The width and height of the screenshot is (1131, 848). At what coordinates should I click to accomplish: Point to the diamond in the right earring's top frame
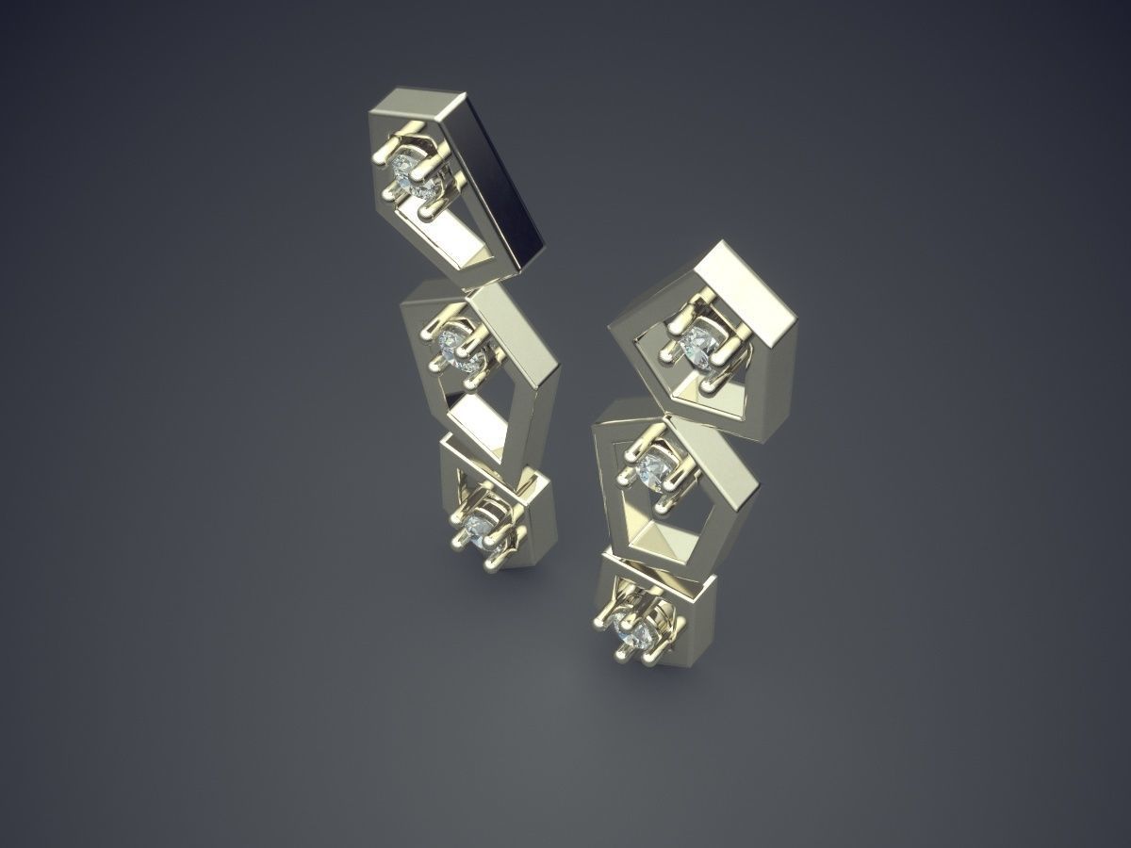(701, 345)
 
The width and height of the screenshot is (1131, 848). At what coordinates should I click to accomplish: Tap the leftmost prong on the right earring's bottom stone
(601, 622)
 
